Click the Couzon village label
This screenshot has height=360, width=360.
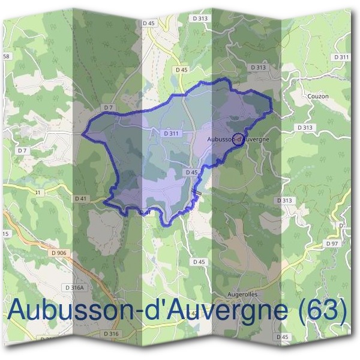[317, 95]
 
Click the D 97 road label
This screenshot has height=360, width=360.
[332, 244]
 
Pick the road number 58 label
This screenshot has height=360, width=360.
[7, 56]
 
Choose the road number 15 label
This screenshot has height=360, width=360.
[5, 233]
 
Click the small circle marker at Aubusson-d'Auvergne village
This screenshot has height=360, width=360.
[238, 139]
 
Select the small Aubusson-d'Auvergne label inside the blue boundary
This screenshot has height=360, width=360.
[237, 139]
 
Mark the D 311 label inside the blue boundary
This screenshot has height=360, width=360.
[171, 133]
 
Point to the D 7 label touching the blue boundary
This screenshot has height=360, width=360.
[109, 107]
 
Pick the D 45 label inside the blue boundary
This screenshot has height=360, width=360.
[191, 173]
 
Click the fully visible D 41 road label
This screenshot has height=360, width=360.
[81, 198]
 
